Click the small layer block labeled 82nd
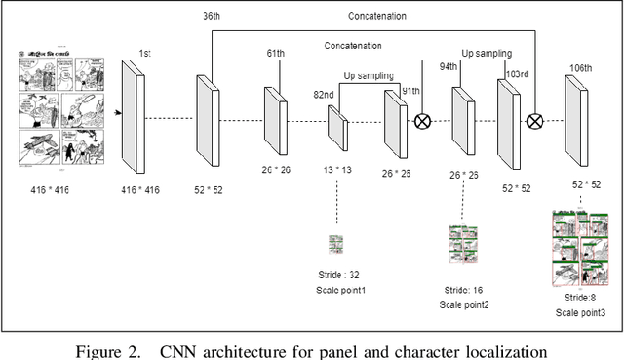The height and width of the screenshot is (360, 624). click(336, 126)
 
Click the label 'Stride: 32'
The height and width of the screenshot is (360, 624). click(340, 275)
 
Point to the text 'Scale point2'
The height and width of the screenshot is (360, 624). click(463, 305)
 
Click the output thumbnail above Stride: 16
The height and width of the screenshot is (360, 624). click(462, 247)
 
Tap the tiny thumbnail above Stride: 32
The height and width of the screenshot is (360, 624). click(336, 243)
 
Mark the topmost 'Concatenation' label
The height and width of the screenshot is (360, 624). click(377, 16)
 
